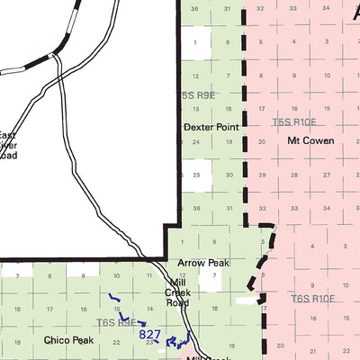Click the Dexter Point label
point(211,128)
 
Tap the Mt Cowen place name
point(310,141)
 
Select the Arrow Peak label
point(203,263)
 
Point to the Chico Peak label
point(68,340)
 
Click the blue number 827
point(150,334)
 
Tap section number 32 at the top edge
point(259,8)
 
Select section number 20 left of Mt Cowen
point(259,142)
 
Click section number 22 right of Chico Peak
point(117,342)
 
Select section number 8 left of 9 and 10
point(49,274)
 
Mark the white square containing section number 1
point(195,41)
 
